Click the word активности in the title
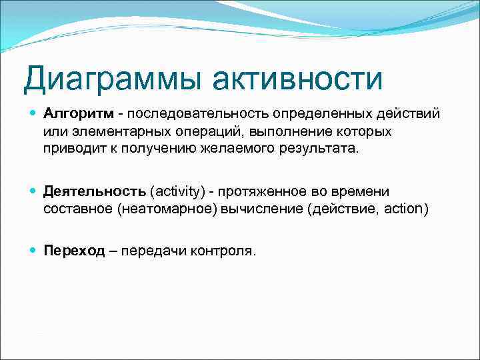tap(299, 79)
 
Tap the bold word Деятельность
tap(95, 192)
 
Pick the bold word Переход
tap(74, 251)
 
